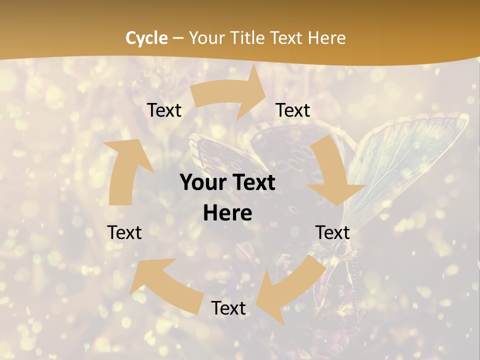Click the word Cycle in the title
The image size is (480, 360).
pyautogui.click(x=146, y=38)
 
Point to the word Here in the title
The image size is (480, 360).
pyautogui.click(x=327, y=38)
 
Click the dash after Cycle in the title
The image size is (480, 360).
pyautogui.click(x=178, y=38)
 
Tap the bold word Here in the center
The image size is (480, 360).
pyautogui.click(x=227, y=213)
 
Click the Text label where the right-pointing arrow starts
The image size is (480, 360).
pyautogui.click(x=164, y=110)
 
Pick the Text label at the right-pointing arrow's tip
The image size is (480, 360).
pyautogui.click(x=293, y=110)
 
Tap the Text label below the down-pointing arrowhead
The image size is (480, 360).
pyautogui.click(x=332, y=232)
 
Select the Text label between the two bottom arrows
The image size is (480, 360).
pyautogui.click(x=228, y=308)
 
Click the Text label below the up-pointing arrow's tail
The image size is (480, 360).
pyautogui.click(x=124, y=232)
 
